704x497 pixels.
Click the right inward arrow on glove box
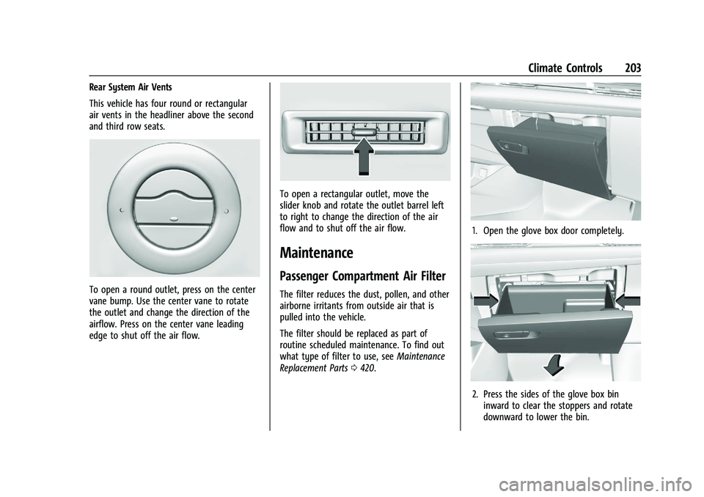tap(628, 299)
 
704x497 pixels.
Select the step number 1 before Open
tap(475, 231)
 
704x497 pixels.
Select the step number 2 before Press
tap(475, 394)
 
